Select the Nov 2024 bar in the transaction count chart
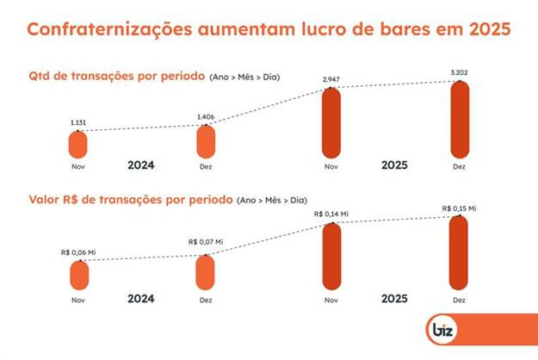(78, 144)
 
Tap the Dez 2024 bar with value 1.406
(204, 140)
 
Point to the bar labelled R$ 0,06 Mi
(78, 275)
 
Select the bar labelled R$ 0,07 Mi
(205, 271)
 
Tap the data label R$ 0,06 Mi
(78, 252)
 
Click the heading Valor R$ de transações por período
(129, 200)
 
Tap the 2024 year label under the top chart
(140, 164)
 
